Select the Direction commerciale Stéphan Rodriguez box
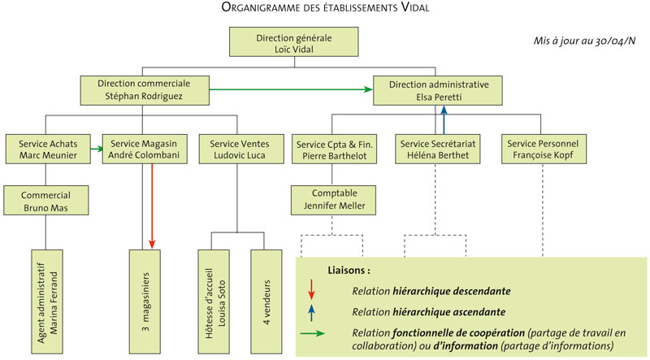tap(143, 89)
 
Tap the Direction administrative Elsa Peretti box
tap(438, 90)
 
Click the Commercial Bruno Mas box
tap(45, 202)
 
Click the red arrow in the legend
tap(312, 289)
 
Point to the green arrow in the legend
tap(313, 334)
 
